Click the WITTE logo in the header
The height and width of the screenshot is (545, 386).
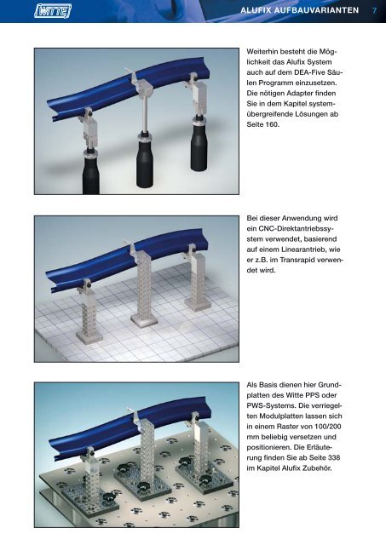point(53,11)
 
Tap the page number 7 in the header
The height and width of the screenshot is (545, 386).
point(375,10)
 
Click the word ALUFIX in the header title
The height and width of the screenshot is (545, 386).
point(256,10)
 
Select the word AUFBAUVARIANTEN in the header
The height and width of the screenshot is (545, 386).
point(316,10)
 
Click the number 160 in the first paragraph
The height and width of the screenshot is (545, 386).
point(272,124)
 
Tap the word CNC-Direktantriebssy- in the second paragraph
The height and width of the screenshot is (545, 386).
point(297,229)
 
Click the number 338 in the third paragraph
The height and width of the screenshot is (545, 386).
point(333,458)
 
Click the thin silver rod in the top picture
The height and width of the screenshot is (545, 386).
point(144,115)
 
